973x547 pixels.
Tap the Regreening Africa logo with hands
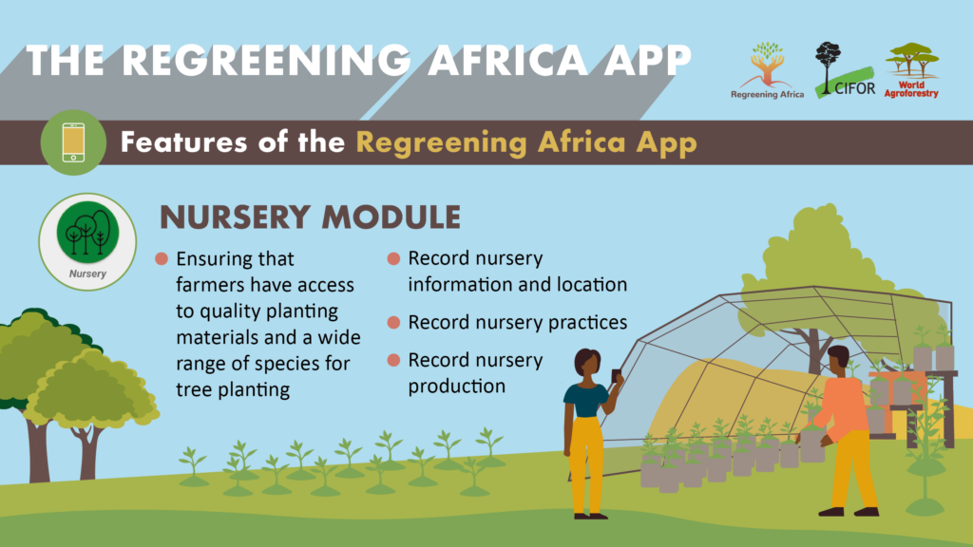[x=767, y=70]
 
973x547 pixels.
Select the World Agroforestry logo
[x=911, y=70]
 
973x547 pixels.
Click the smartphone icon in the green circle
[x=73, y=142]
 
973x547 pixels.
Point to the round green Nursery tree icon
[x=87, y=232]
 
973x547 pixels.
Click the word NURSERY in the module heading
[x=235, y=217]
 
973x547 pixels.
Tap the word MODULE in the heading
[x=391, y=217]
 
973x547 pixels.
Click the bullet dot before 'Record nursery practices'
[x=393, y=323]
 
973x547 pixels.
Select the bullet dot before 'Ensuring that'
[x=162, y=258]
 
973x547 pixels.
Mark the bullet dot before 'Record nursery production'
[x=393, y=360]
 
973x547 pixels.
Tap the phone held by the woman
[x=616, y=376]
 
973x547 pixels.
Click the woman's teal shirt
[x=585, y=401]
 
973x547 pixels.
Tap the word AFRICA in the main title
[x=507, y=61]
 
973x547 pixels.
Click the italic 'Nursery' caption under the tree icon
[x=87, y=273]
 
